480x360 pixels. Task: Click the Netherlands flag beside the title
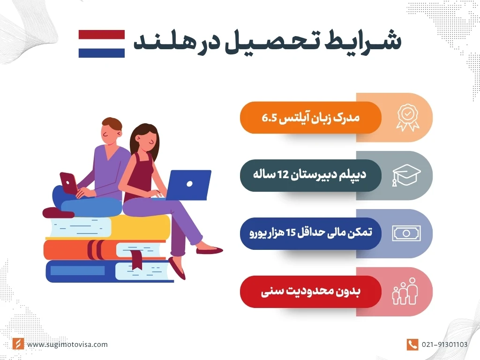pos(101,44)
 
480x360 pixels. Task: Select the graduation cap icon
pos(405,176)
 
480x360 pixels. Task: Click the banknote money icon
pos(406,233)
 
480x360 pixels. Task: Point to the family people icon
pos(404,291)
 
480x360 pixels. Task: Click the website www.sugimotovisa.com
pos(67,345)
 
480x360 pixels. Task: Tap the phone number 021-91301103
pos(444,345)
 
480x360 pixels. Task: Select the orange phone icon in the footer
pos(412,345)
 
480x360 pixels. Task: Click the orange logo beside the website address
pos(18,345)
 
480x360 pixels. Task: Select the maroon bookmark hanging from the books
pos(137,260)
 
